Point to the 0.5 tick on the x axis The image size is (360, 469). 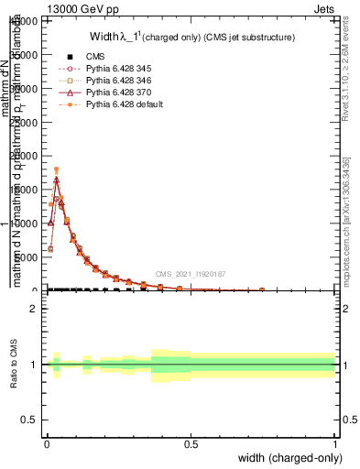coord(191,444)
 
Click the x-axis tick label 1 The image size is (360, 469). coord(335,444)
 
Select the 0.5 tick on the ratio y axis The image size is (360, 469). coord(30,420)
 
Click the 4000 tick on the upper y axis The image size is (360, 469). coord(27,20)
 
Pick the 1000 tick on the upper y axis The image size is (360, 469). coord(27,257)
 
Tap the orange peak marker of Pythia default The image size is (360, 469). coord(57,169)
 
